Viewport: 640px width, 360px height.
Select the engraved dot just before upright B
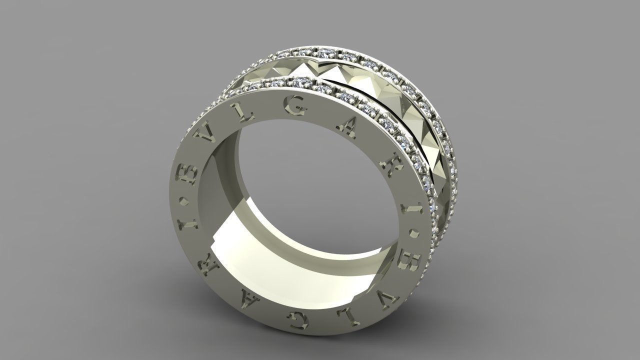(188, 203)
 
